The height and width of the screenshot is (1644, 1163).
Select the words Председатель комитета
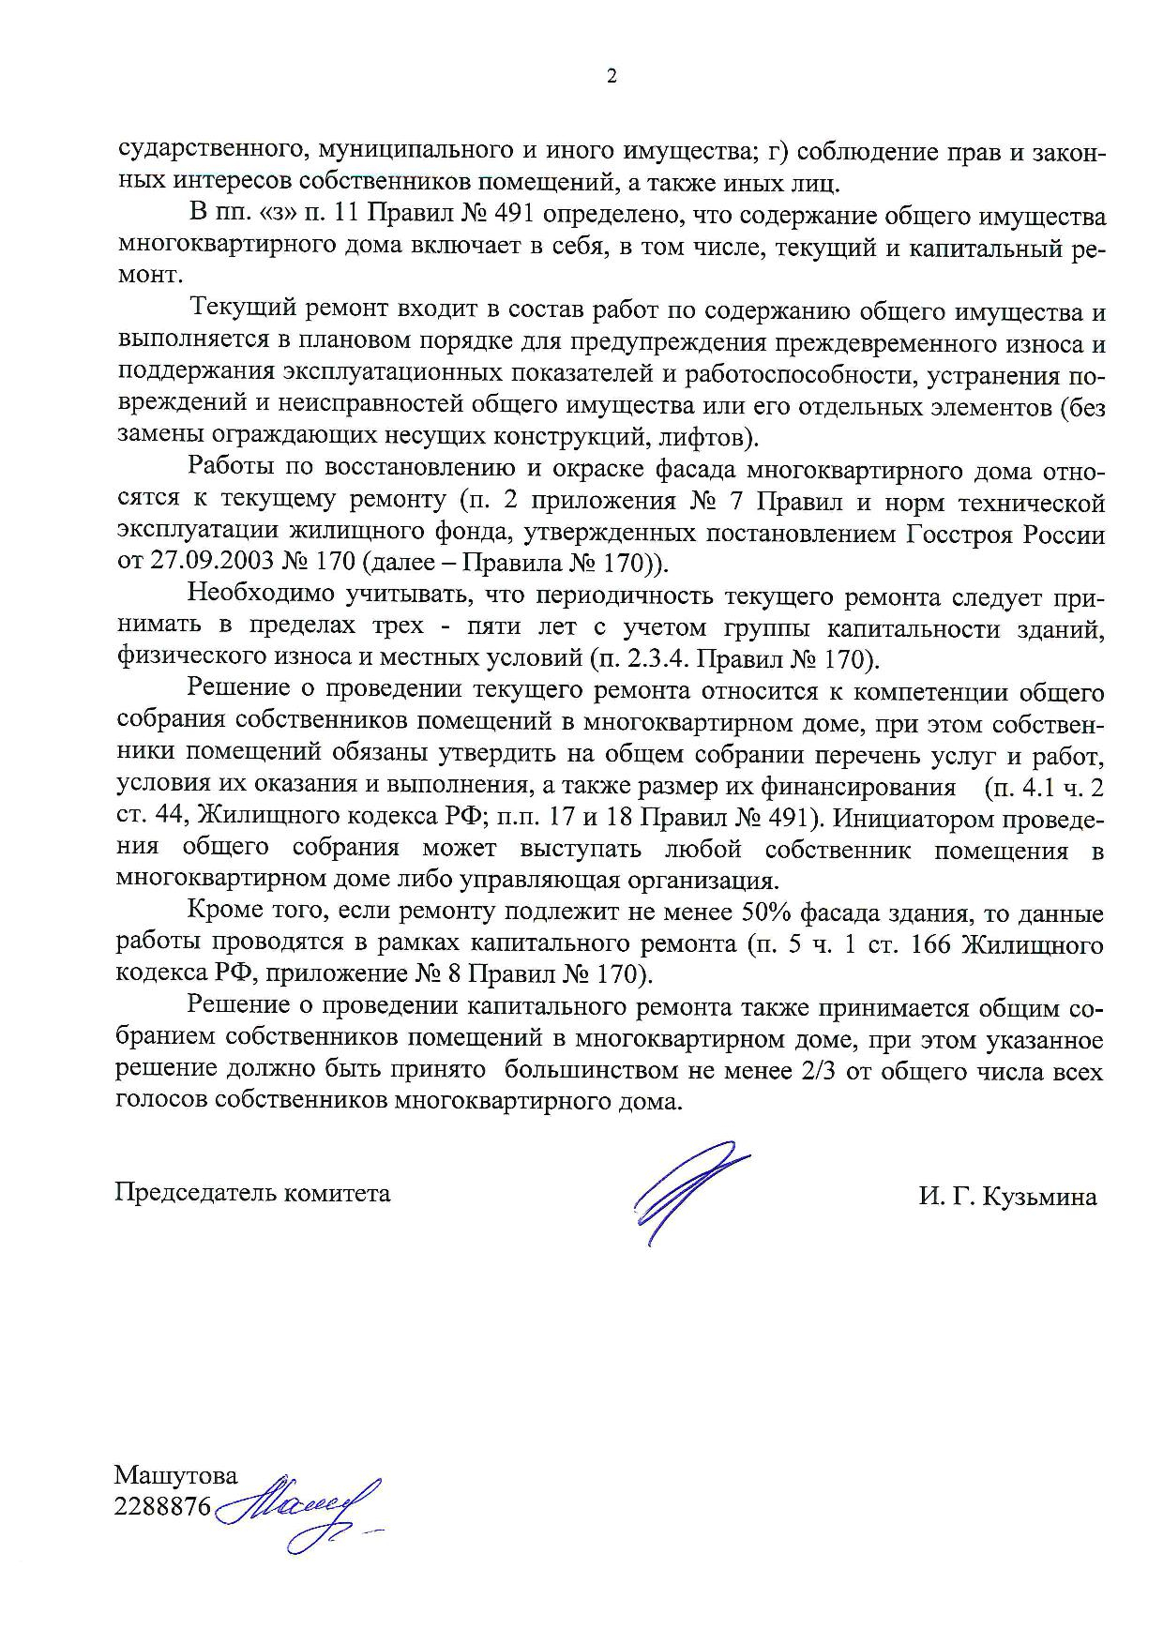coord(252,1193)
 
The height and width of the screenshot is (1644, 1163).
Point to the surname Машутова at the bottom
coord(176,1475)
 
